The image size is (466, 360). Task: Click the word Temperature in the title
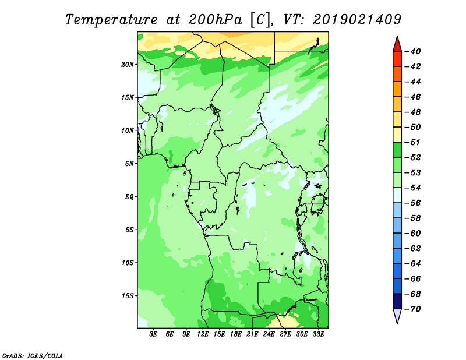point(111,20)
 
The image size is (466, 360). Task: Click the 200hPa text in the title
point(215,20)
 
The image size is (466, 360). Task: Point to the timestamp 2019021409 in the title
point(357,20)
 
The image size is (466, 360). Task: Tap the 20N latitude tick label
point(128,65)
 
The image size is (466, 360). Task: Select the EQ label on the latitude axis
point(129,197)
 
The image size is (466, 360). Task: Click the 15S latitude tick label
point(128,296)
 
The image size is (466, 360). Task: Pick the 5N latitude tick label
point(129,164)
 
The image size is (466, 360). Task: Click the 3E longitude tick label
point(153,334)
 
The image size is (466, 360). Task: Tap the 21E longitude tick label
point(252,334)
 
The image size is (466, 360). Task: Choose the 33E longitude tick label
point(318,334)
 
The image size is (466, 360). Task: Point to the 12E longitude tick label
point(203,334)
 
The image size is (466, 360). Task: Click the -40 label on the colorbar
point(413,51)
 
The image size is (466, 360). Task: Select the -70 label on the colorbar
point(413,309)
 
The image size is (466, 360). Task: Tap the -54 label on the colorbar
point(413,188)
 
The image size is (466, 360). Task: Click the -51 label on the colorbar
point(413,142)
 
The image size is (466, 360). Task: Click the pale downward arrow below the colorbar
point(397,316)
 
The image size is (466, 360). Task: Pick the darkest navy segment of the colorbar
point(397,301)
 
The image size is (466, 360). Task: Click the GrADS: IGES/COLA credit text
point(33,355)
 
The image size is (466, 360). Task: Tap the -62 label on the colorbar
point(413,249)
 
